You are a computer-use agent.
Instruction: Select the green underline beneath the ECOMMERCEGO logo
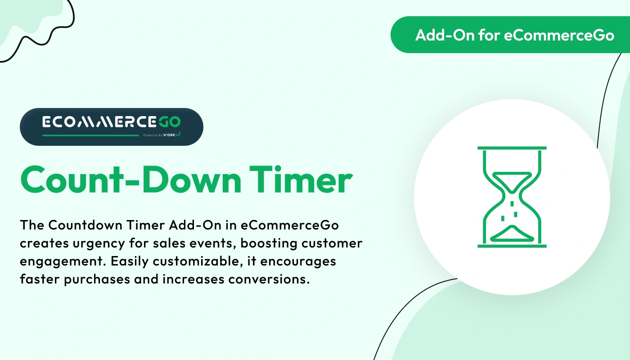tap(90, 135)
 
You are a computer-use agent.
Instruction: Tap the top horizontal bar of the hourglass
tap(512, 148)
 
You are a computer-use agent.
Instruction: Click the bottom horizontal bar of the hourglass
tap(512, 246)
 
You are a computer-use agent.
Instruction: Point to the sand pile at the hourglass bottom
tap(512, 233)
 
